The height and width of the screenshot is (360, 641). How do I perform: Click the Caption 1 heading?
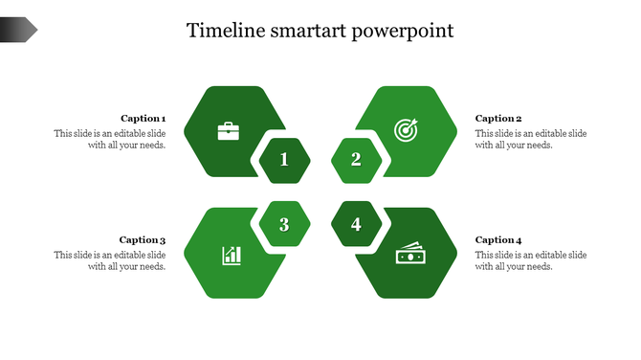(x=143, y=119)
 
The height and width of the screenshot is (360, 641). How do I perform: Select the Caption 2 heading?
(x=498, y=119)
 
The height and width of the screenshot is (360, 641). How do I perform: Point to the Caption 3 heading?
(x=143, y=240)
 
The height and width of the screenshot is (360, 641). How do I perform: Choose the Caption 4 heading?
(x=498, y=240)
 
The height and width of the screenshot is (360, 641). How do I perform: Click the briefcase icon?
(x=229, y=130)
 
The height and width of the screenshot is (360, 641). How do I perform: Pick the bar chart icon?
(x=232, y=255)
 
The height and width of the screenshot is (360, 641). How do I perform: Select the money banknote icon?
(x=409, y=255)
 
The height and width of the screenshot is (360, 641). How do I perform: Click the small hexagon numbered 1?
(x=284, y=160)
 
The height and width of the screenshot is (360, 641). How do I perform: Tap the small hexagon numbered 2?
(x=356, y=160)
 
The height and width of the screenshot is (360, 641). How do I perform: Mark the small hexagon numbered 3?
(x=284, y=225)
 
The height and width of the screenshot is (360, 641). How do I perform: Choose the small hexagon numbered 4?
(x=356, y=225)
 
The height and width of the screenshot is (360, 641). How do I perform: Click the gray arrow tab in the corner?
(x=18, y=31)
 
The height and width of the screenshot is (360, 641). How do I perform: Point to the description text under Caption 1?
(x=110, y=140)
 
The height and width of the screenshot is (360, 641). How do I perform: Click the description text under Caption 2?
(x=531, y=140)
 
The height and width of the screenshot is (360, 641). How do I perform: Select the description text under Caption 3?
(x=110, y=261)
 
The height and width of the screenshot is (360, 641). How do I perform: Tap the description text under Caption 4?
(x=531, y=261)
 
